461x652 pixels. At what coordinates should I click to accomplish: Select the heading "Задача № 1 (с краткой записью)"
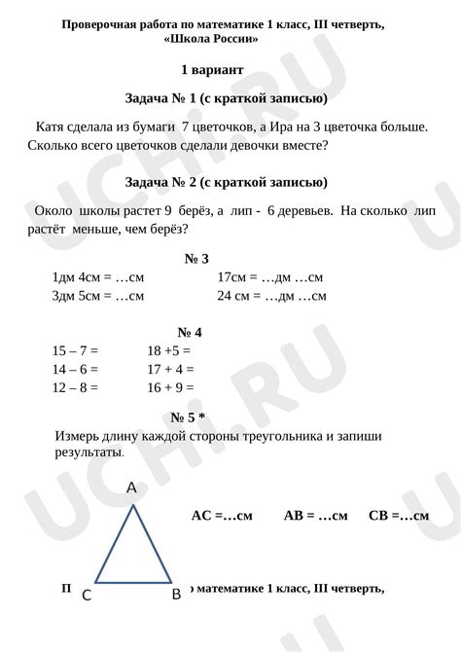coord(226,98)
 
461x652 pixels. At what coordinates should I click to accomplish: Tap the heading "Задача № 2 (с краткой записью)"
coord(226,182)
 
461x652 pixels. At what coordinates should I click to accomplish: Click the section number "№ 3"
coord(196,258)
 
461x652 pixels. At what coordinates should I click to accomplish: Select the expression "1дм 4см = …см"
coord(97,277)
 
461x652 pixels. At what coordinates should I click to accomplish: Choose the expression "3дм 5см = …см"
coord(97,296)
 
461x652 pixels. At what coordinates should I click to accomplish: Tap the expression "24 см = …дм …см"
coord(271,296)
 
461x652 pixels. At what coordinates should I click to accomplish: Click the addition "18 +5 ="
coord(168,350)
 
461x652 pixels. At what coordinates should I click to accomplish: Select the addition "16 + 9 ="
coord(170,387)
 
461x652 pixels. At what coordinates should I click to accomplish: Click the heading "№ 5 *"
coord(188,417)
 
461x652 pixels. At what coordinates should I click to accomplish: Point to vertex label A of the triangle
coord(131,489)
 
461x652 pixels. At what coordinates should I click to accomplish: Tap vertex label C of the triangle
coord(87,595)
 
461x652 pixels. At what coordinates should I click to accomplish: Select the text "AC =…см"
coord(222,516)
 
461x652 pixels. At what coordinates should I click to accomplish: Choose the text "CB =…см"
coord(399,516)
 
